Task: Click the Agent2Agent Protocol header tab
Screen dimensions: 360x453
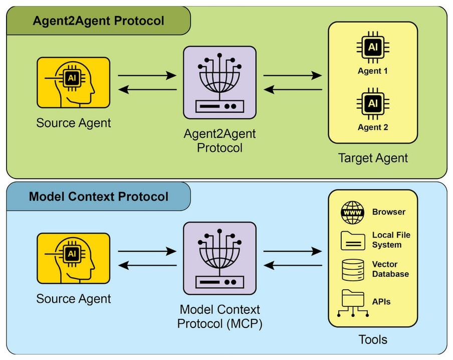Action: tap(98, 21)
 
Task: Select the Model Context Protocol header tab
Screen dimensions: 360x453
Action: tap(98, 196)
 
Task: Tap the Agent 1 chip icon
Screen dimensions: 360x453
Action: tap(372, 48)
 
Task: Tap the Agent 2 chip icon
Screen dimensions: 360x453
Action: tap(372, 104)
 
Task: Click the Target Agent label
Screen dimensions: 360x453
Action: tap(373, 158)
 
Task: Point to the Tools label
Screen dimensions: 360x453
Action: tap(373, 339)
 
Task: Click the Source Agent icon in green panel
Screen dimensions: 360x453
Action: tap(73, 83)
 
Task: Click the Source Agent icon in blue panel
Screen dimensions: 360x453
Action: tap(73, 259)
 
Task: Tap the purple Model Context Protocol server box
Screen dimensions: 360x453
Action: tap(219, 259)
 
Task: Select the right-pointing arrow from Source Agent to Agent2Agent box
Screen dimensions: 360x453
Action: tap(147, 76)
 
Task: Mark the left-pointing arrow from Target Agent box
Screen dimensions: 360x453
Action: tap(293, 90)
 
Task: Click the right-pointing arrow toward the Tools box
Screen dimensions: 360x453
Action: tap(293, 251)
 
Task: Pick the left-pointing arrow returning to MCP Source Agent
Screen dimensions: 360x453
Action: tap(147, 266)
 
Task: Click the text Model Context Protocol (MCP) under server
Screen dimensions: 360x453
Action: tap(219, 316)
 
